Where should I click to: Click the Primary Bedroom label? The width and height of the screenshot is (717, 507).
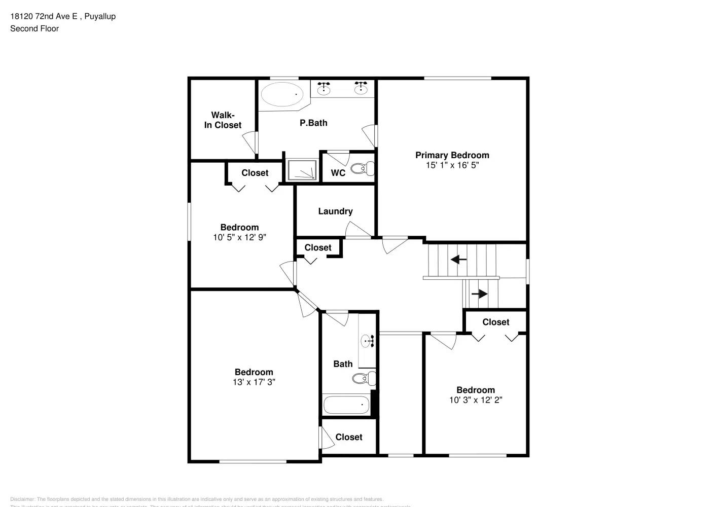(x=452, y=155)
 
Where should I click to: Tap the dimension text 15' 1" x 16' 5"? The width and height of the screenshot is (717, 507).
(x=452, y=165)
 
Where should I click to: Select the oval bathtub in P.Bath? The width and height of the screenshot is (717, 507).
(x=282, y=94)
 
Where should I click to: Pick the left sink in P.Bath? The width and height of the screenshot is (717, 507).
(x=324, y=90)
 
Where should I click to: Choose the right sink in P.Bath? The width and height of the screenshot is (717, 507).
(x=361, y=90)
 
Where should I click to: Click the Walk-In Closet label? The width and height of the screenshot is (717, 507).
(x=223, y=120)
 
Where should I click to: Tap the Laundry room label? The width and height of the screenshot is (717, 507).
(x=335, y=211)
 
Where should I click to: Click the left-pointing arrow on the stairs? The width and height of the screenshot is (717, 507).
(x=459, y=260)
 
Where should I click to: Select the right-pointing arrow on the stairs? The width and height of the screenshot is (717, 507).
(x=479, y=294)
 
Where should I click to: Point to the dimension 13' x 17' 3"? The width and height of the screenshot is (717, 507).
(x=254, y=382)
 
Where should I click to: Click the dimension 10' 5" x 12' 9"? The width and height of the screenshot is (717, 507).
(x=239, y=237)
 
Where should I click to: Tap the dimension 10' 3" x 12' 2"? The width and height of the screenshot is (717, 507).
(x=476, y=400)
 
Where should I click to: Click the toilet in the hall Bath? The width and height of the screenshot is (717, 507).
(x=364, y=378)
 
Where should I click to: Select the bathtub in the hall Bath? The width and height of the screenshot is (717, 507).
(x=346, y=405)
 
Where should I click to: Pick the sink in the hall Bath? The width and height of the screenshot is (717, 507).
(x=367, y=341)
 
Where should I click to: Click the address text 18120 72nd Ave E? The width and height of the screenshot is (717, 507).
(x=44, y=16)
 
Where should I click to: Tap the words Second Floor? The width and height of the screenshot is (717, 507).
(x=34, y=28)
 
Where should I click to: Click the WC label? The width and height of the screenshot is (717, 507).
(x=338, y=173)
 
